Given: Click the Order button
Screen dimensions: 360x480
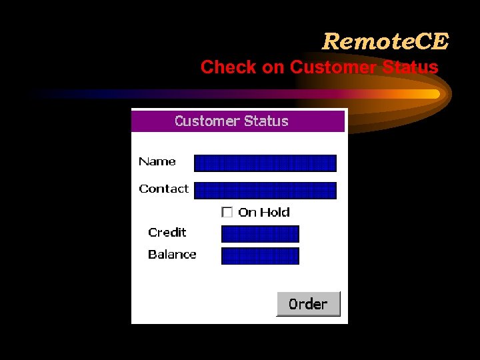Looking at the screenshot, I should coord(308,304).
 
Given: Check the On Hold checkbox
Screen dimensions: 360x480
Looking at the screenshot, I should coord(227,212).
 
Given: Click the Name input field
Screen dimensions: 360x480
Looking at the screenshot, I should coord(265,163).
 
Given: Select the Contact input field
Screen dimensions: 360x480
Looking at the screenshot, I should coord(265,191).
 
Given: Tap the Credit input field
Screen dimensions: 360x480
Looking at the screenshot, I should coord(260,234).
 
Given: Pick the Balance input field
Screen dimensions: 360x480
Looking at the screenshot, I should coord(260,256).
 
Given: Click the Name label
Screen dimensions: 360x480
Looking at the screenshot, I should coord(157,161).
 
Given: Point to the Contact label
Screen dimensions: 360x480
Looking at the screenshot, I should coord(163,189).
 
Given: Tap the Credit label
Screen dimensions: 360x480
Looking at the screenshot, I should coord(167,232).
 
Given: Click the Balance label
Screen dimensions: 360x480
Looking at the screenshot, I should coord(172,254).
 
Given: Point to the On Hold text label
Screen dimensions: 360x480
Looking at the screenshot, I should coord(264,212).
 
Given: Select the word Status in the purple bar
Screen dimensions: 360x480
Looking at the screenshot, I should coord(266,121).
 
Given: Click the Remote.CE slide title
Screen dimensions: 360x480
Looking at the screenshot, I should coord(385,41).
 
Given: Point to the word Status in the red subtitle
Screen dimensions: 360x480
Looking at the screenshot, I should coord(411,67).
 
